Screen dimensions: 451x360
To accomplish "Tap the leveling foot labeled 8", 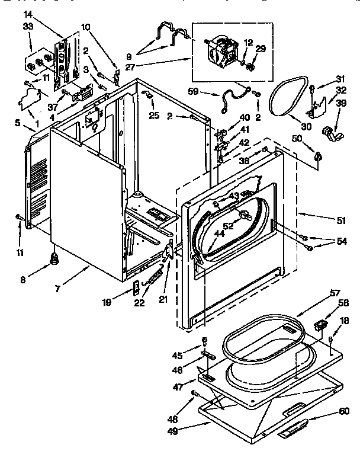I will click(56, 257).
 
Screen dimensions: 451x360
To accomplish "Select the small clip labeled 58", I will click(320, 325).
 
